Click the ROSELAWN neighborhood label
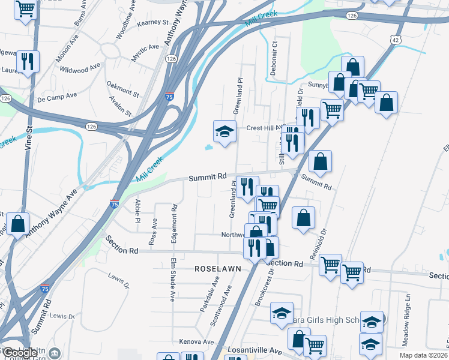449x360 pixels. pos(217,269)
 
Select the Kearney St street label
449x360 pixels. pos(152,22)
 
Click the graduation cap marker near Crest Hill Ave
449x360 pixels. pos(224,132)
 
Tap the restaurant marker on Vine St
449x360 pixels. pos(28,61)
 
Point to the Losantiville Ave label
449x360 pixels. pos(255,350)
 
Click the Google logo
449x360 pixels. pos(20,352)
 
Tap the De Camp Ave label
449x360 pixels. pos(57,96)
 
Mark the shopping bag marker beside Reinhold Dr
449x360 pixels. pos(304,218)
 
